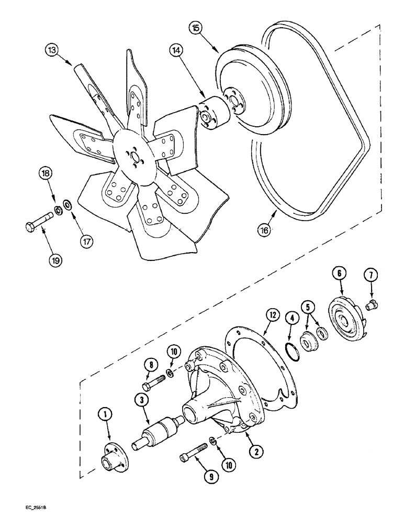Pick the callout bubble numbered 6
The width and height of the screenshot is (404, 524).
click(x=339, y=274)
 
